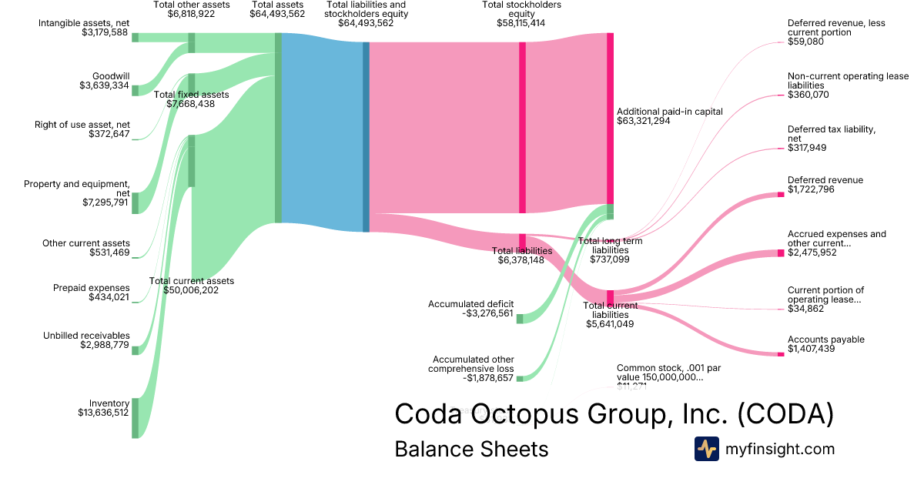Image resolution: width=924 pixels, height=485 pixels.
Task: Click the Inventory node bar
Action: pyautogui.click(x=135, y=418)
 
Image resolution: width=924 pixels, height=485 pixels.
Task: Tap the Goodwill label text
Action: pyautogui.click(x=111, y=75)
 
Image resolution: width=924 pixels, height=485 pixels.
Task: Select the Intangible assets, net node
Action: pyautogui.click(x=135, y=37)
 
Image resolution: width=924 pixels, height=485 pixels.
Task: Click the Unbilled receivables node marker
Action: pyautogui.click(x=135, y=350)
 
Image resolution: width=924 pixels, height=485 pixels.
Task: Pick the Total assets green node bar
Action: pyautogui.click(x=278, y=128)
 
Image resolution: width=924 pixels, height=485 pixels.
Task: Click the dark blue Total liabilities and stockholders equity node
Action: pyautogui.click(x=367, y=136)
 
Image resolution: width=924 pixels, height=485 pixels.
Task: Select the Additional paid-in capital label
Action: pyautogui.click(x=669, y=111)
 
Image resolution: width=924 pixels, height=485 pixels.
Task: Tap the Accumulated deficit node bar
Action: pyautogui.click(x=520, y=319)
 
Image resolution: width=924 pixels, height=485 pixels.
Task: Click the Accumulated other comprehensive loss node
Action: pyautogui.click(x=520, y=378)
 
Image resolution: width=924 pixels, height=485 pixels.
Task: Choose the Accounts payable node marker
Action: pyautogui.click(x=781, y=354)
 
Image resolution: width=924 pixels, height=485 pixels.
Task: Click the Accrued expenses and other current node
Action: pyautogui.click(x=781, y=253)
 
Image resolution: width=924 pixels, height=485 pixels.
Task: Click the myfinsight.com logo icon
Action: pyautogui.click(x=706, y=449)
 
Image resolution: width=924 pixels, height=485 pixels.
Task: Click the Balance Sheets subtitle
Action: pyautogui.click(x=471, y=449)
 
